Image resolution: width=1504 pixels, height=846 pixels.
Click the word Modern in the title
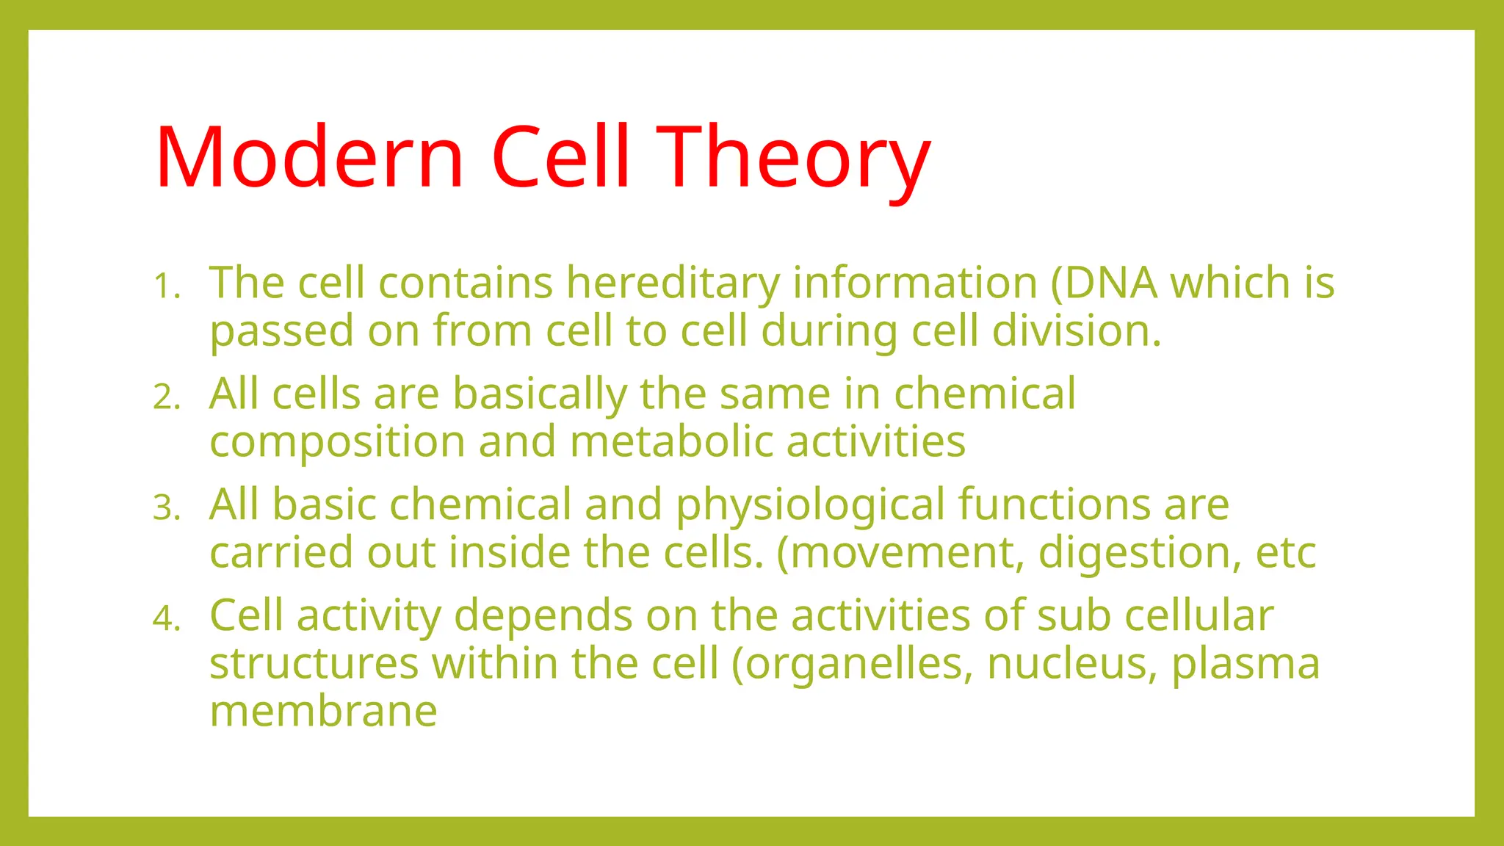(309, 157)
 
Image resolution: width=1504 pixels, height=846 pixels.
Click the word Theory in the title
(793, 157)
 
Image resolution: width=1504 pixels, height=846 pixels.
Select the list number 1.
(167, 286)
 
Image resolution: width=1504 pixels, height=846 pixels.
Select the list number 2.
(167, 397)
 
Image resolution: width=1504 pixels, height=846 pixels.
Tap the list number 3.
(167, 508)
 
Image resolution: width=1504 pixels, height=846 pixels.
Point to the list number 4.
(167, 619)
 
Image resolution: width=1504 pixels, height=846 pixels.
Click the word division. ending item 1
(1077, 330)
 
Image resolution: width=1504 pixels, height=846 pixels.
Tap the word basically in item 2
(539, 394)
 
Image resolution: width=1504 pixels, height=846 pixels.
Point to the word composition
(337, 443)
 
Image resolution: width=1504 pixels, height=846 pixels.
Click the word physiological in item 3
(810, 505)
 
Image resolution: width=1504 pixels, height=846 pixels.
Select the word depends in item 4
(543, 615)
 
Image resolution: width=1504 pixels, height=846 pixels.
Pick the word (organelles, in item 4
(852, 663)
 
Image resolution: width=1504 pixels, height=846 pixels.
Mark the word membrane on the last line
(323, 711)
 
